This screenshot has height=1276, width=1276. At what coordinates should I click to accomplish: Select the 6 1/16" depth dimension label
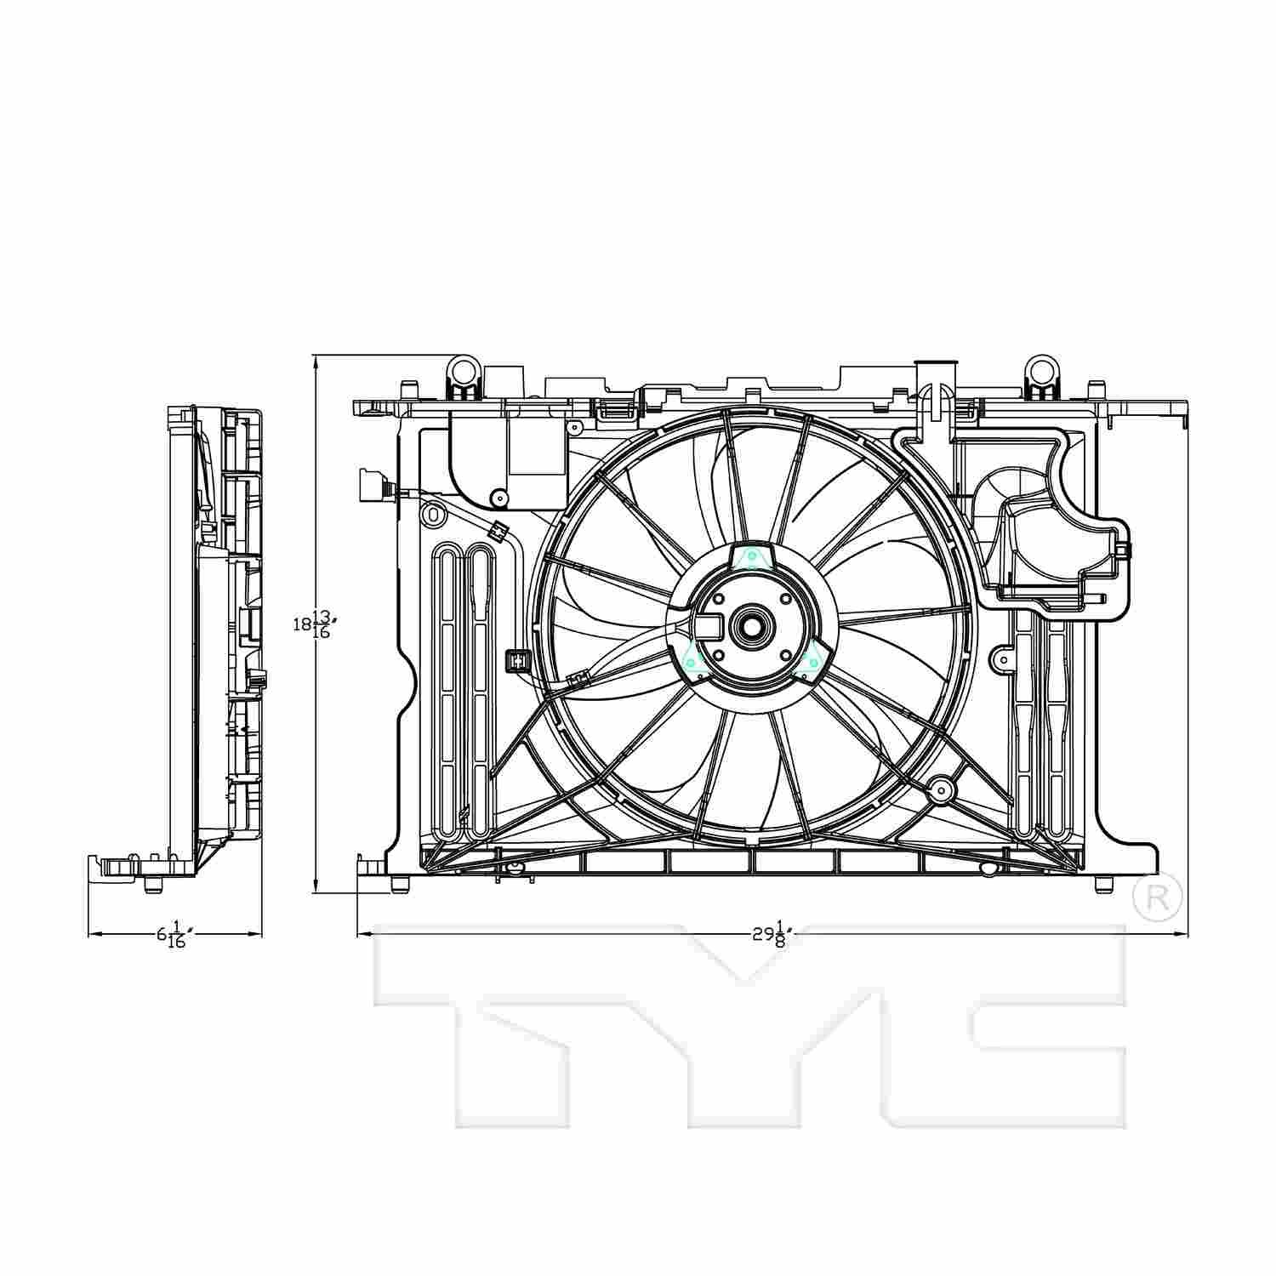point(174,934)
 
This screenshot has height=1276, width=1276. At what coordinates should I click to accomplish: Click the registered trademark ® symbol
point(1157,897)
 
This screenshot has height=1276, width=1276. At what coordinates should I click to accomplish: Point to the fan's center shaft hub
point(750,628)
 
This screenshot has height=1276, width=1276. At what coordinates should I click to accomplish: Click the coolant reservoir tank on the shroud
point(1055,536)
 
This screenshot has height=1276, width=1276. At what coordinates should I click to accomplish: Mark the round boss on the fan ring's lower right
point(941,789)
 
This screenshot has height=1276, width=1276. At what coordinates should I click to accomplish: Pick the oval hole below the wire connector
point(433,514)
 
